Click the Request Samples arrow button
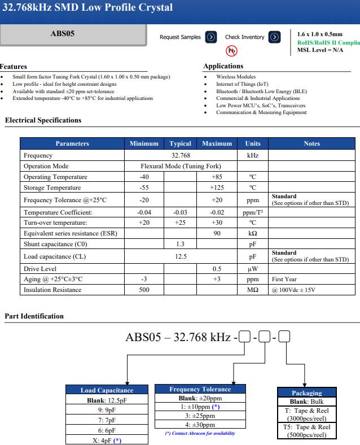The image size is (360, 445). pyautogui.click(x=211, y=37)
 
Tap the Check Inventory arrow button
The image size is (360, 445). pyautogui.click(x=275, y=37)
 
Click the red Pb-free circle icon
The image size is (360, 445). pyautogui.click(x=231, y=51)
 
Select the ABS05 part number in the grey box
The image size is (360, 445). pyautogui.click(x=62, y=33)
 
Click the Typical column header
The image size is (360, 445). pyautogui.click(x=180, y=143)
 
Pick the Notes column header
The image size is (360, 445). pyautogui.click(x=311, y=143)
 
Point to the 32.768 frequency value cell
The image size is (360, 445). pyautogui.click(x=181, y=155)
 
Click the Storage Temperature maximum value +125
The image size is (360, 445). pyautogui.click(x=217, y=187)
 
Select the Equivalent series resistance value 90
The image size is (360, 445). pyautogui.click(x=217, y=233)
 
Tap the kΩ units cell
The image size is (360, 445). pyautogui.click(x=253, y=233)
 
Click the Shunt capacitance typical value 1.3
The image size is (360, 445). pyautogui.click(x=180, y=244)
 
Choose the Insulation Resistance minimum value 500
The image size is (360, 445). pyautogui.click(x=144, y=290)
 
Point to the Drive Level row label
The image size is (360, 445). pyautogui.click(x=40, y=269)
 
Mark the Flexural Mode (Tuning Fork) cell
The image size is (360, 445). pyautogui.click(x=181, y=166)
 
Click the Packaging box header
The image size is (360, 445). pyautogui.click(x=306, y=393)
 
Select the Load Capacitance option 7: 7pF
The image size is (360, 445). pyautogui.click(x=107, y=420)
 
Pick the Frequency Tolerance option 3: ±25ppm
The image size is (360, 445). pyautogui.click(x=200, y=416)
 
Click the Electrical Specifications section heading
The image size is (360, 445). pyautogui.click(x=43, y=120)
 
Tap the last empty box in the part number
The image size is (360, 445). pyautogui.click(x=285, y=338)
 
